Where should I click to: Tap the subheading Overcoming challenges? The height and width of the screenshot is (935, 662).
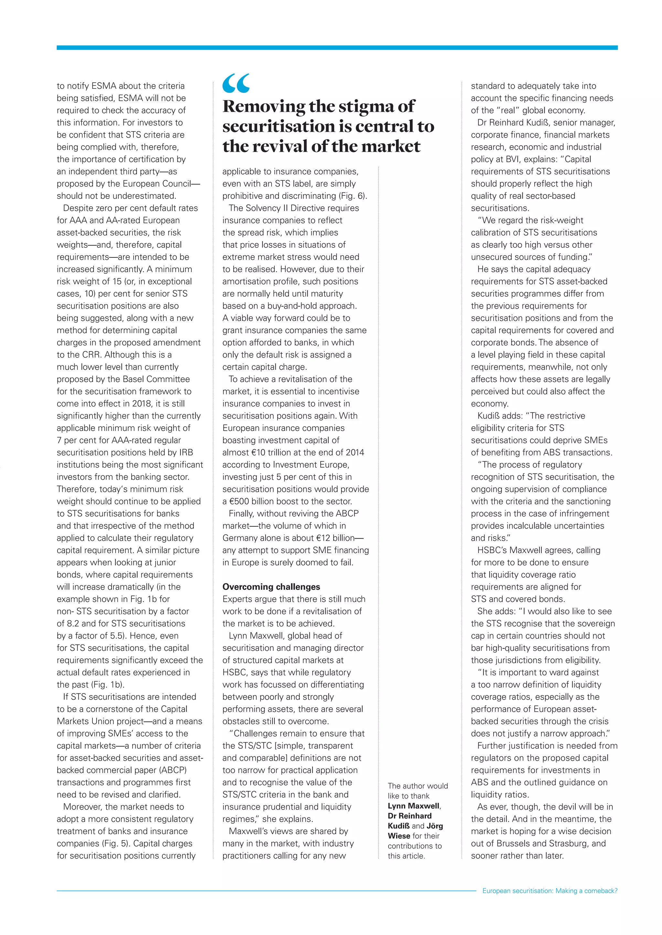pyautogui.click(x=271, y=587)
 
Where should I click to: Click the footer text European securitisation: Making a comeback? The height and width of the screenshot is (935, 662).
pyautogui.click(x=550, y=891)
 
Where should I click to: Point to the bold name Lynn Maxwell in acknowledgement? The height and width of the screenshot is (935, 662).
pyautogui.click(x=413, y=806)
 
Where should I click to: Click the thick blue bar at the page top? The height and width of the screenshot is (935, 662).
pyautogui.click(x=337, y=48)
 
